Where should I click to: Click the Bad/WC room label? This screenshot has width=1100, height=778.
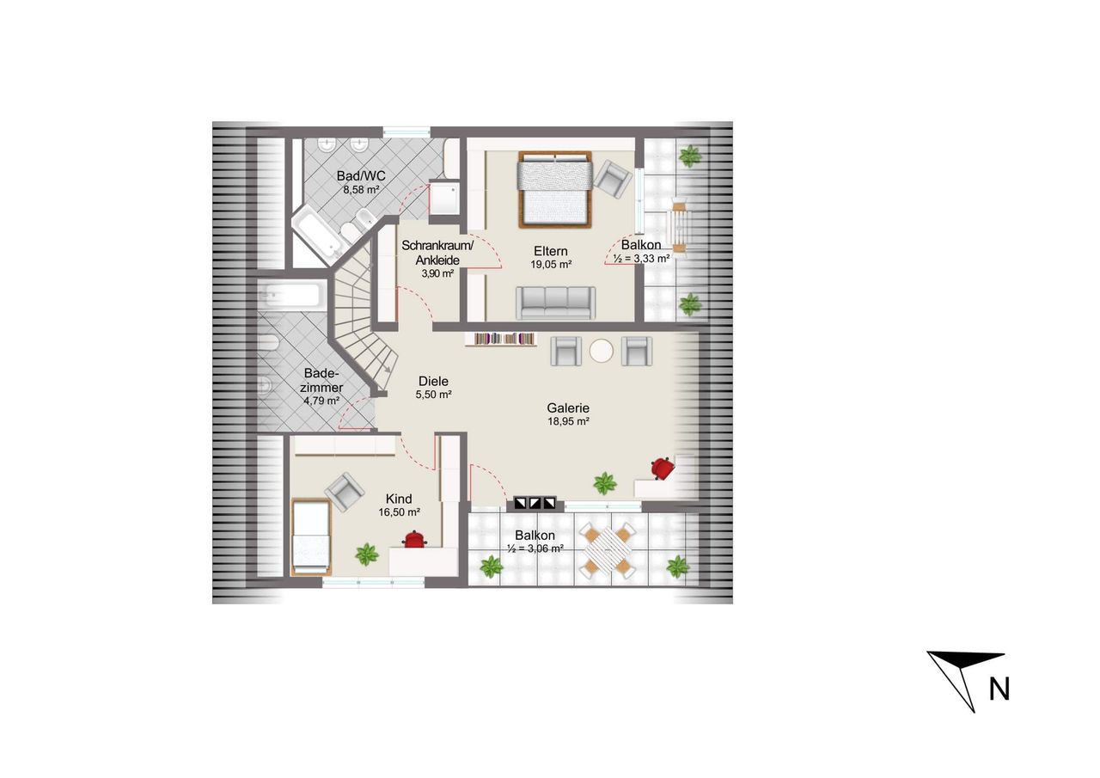(361, 175)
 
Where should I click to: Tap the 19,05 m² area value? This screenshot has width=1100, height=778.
(551, 265)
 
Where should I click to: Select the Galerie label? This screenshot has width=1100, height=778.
(568, 407)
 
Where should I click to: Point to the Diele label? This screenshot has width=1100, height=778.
(434, 381)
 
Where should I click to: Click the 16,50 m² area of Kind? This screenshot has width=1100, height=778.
(399, 512)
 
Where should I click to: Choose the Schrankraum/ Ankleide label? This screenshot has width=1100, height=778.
(437, 253)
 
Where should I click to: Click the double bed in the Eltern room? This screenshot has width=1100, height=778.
(555, 190)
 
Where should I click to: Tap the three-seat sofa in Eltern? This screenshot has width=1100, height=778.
(555, 303)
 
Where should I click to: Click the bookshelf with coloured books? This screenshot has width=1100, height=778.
(500, 339)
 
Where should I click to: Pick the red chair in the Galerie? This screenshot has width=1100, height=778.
(662, 468)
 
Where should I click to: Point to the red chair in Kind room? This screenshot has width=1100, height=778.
(415, 539)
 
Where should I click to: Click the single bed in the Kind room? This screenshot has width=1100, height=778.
(310, 536)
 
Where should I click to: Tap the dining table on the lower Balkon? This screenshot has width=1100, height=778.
(608, 550)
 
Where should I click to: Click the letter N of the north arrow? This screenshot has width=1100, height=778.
(999, 689)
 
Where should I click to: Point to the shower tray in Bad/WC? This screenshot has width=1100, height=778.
(444, 199)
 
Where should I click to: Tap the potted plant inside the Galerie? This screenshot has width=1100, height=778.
(604, 483)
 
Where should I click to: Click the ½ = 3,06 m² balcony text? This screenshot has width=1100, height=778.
(535, 548)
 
